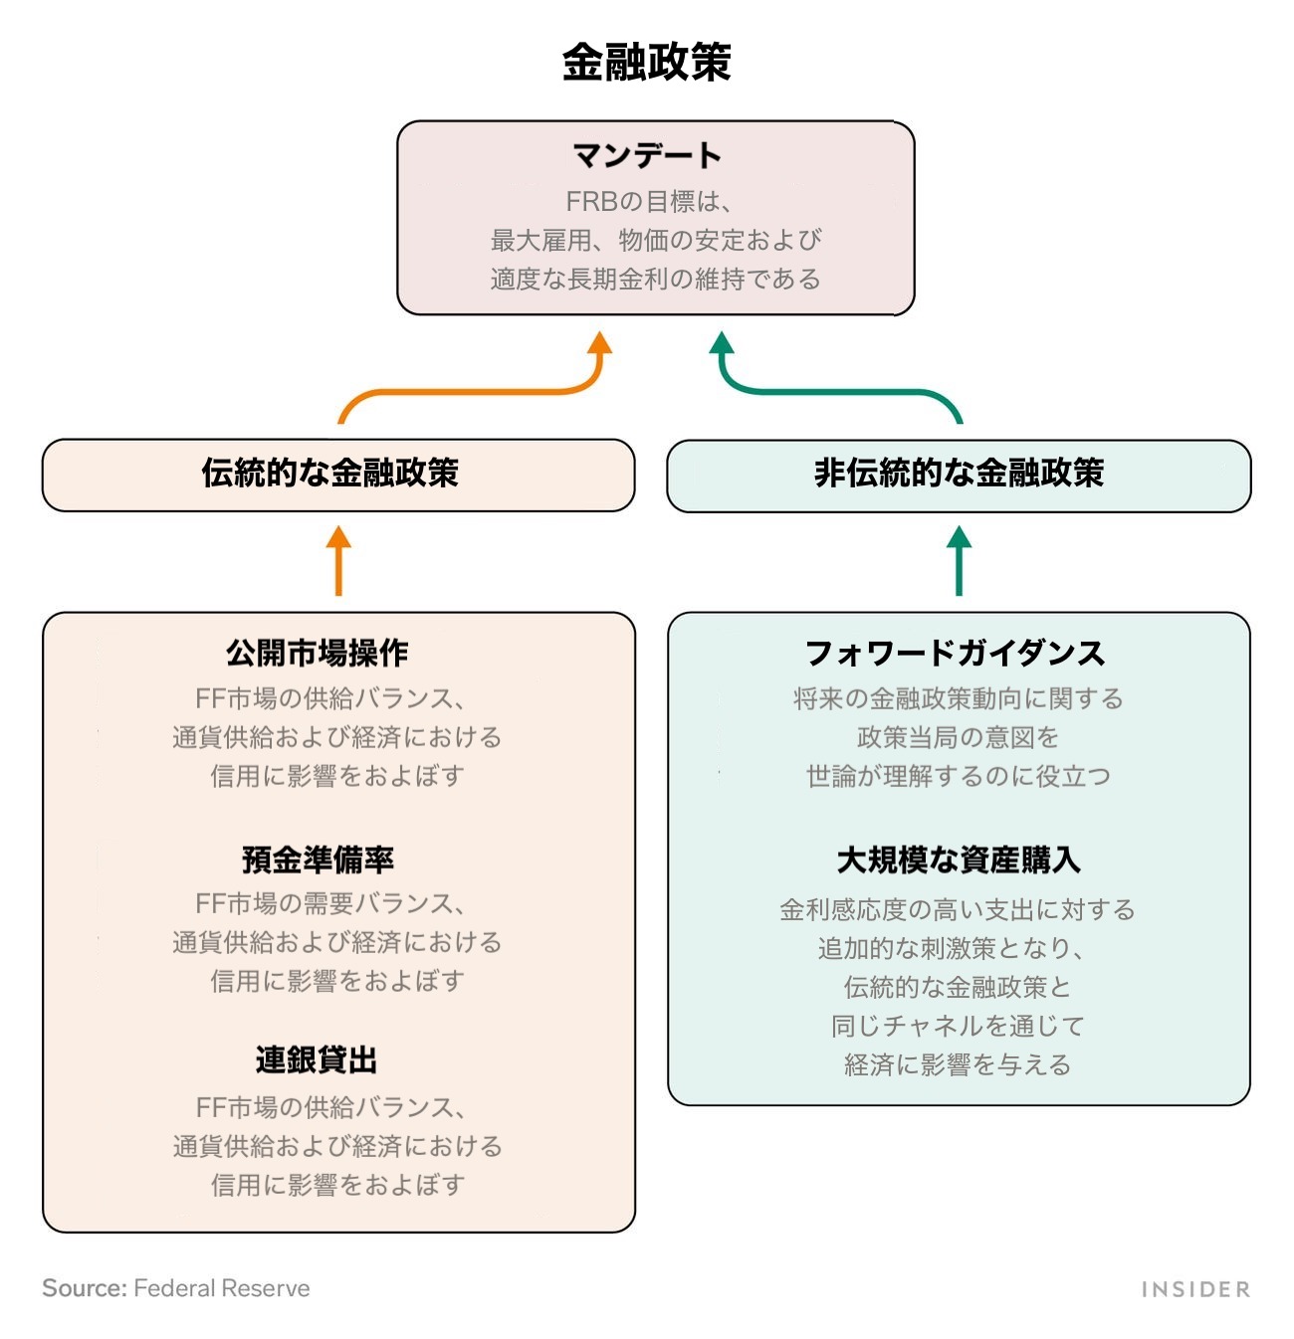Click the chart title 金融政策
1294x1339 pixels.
click(647, 62)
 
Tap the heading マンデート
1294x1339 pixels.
click(647, 155)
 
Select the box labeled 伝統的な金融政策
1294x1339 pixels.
click(337, 474)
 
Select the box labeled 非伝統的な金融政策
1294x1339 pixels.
click(958, 474)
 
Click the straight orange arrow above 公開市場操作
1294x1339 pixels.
click(338, 562)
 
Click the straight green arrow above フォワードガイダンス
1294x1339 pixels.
click(959, 562)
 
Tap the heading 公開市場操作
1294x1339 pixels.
click(318, 653)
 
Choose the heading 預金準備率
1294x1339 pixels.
click(318, 859)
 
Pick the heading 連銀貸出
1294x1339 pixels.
click(317, 1060)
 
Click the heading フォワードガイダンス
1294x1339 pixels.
click(955, 653)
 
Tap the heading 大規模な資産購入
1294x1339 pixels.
click(958, 859)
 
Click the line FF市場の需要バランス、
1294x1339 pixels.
click(330, 903)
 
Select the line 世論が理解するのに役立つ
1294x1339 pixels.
click(958, 776)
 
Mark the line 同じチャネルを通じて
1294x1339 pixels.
click(958, 1026)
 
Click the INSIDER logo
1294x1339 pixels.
click(1194, 1289)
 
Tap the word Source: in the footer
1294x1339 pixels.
click(84, 1288)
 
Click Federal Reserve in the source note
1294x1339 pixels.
click(221, 1288)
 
